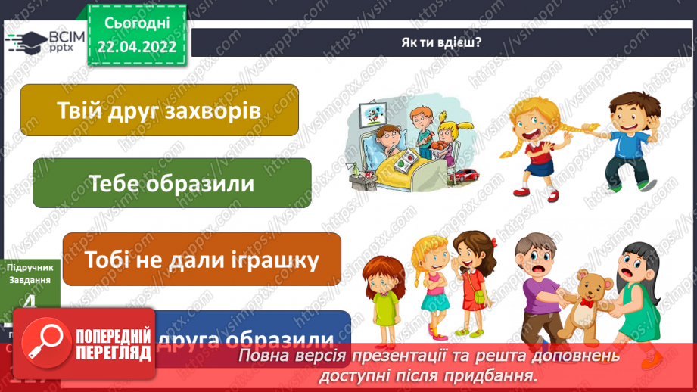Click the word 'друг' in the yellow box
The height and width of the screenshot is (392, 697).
click(x=124, y=111)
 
